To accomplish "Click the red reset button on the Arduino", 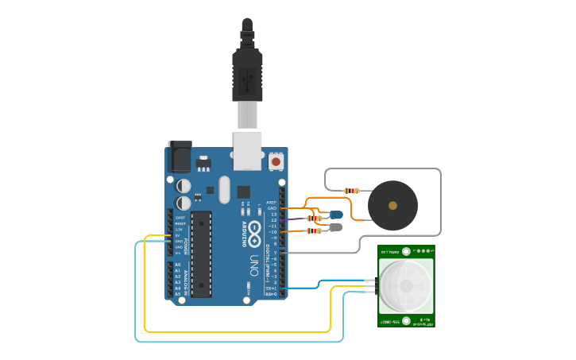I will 276,161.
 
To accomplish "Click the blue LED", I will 337,215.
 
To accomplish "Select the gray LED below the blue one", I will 336,227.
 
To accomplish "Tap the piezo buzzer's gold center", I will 392,205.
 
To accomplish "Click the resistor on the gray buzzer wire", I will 351,191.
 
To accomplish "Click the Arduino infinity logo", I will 254,234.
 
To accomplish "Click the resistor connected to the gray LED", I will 315,231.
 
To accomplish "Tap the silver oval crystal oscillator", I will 223,189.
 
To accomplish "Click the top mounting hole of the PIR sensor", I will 407,252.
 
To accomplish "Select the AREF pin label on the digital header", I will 272,202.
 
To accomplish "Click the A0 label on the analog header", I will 177,265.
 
